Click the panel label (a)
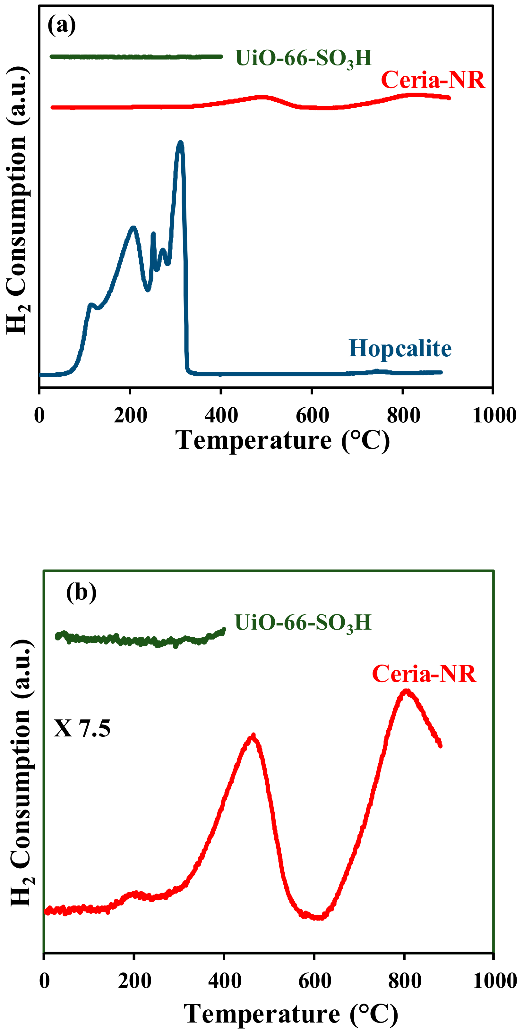(x=62, y=25)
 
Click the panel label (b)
(x=81, y=592)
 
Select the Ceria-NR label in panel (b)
(x=424, y=674)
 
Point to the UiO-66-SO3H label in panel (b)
(x=303, y=623)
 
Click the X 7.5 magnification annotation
(x=82, y=728)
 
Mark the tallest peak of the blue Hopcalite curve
(x=180, y=143)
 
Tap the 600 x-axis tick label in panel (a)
(x=312, y=415)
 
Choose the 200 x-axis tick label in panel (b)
(x=134, y=981)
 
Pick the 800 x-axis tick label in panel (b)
(x=404, y=981)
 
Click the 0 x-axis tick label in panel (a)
(x=39, y=415)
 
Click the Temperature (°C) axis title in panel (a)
(x=282, y=440)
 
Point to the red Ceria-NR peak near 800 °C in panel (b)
(x=407, y=691)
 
